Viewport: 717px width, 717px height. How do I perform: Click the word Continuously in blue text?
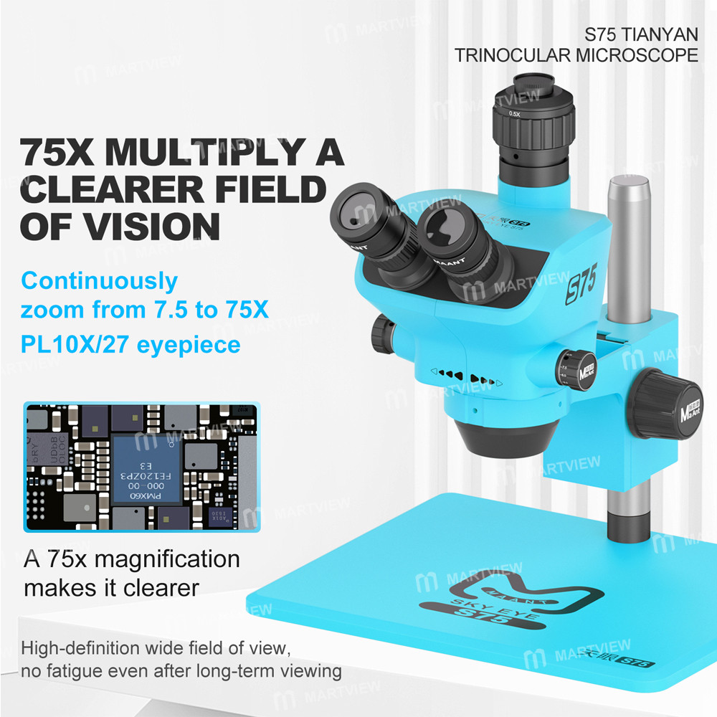(99, 280)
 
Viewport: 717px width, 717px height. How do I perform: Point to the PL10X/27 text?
(82, 345)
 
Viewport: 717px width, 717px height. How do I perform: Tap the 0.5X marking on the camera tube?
(514, 114)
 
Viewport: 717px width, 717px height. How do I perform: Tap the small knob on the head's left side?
(381, 333)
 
